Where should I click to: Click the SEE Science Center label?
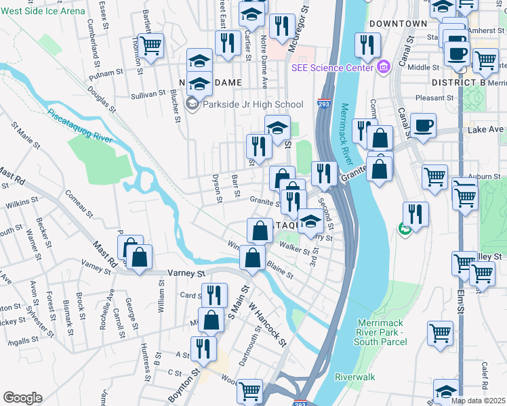pos(332,68)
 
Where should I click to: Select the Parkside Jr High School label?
pos(251,104)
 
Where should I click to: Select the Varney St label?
pos(190,273)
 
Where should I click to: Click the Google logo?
pos(22,398)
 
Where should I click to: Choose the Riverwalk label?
pos(354,376)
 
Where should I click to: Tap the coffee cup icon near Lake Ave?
pos(423,125)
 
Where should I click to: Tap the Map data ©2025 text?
pos(479,401)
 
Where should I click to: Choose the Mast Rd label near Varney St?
pos(104,257)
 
